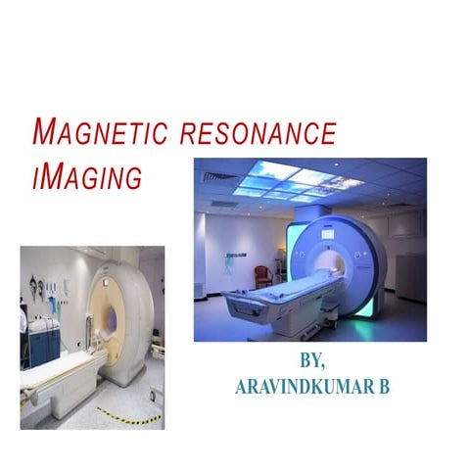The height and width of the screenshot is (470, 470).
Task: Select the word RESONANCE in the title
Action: tap(260, 134)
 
